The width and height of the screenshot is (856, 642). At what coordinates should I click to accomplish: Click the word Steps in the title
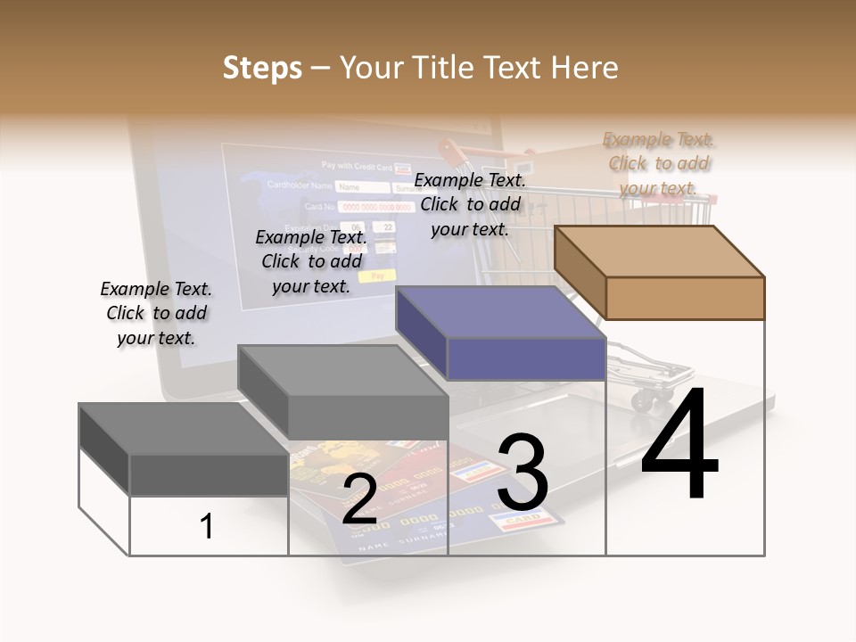(262, 68)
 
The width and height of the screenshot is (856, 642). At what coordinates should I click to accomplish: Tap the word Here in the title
(584, 68)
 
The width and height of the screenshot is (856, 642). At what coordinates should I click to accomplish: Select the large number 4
(679, 446)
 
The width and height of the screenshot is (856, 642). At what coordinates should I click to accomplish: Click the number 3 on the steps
(523, 473)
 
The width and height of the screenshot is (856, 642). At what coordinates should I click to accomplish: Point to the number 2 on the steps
(359, 499)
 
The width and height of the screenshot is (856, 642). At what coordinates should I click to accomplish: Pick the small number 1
(206, 527)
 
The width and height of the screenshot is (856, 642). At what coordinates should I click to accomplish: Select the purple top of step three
(499, 312)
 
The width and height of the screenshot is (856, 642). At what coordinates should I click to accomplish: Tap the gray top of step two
(342, 370)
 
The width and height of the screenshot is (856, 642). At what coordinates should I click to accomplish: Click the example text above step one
(156, 313)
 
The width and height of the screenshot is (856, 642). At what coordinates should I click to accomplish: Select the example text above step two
(311, 261)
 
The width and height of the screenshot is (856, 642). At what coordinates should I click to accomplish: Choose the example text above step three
(470, 204)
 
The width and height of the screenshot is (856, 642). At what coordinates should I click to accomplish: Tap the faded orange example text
(659, 163)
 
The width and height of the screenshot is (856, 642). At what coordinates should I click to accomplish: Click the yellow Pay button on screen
(383, 276)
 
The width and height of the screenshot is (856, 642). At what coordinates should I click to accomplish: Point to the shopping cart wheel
(642, 400)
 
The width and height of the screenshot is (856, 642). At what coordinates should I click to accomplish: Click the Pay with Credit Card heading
(357, 167)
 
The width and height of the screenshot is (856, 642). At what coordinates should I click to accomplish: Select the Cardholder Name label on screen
(300, 186)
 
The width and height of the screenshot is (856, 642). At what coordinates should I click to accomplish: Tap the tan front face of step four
(685, 298)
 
